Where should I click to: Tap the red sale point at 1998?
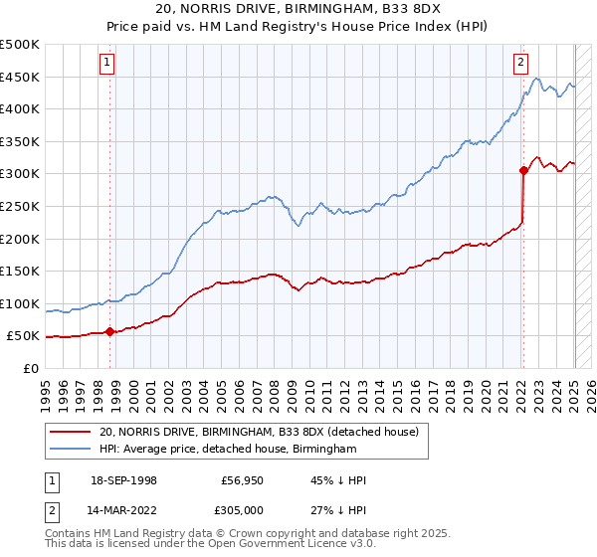pos(109,331)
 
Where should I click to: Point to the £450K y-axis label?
pos(20,77)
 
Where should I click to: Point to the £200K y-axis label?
pos(20,239)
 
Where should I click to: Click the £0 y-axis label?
pos(30,368)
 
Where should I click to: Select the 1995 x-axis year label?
pos(46,389)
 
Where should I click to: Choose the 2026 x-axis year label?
pos(583,389)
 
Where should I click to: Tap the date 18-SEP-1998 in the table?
pos(123,480)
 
